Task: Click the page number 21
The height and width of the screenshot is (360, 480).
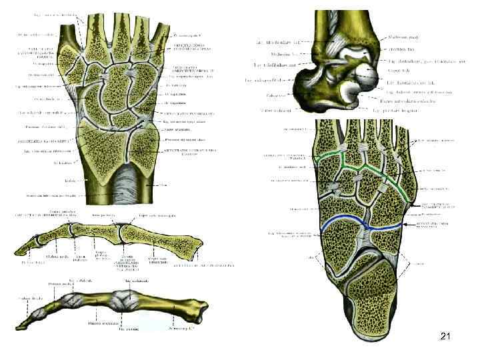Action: [445, 338]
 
